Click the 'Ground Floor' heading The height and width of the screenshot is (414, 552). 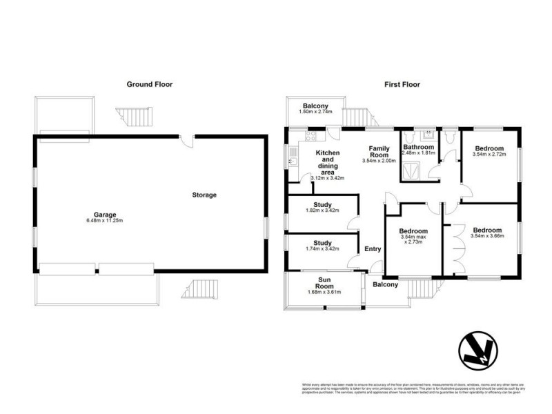[x=149, y=84]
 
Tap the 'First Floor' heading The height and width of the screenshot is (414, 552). [x=402, y=84]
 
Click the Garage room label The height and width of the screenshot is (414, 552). [x=97, y=214]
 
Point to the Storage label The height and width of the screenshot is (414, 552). [x=204, y=195]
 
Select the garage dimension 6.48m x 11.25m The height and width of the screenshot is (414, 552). [x=97, y=221]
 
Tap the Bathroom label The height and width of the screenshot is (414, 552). [x=419, y=148]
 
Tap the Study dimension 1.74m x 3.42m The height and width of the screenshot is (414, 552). [x=322, y=250]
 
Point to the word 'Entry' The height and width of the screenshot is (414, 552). [x=373, y=250]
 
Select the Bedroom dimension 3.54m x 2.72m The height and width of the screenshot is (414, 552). [x=489, y=155]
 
